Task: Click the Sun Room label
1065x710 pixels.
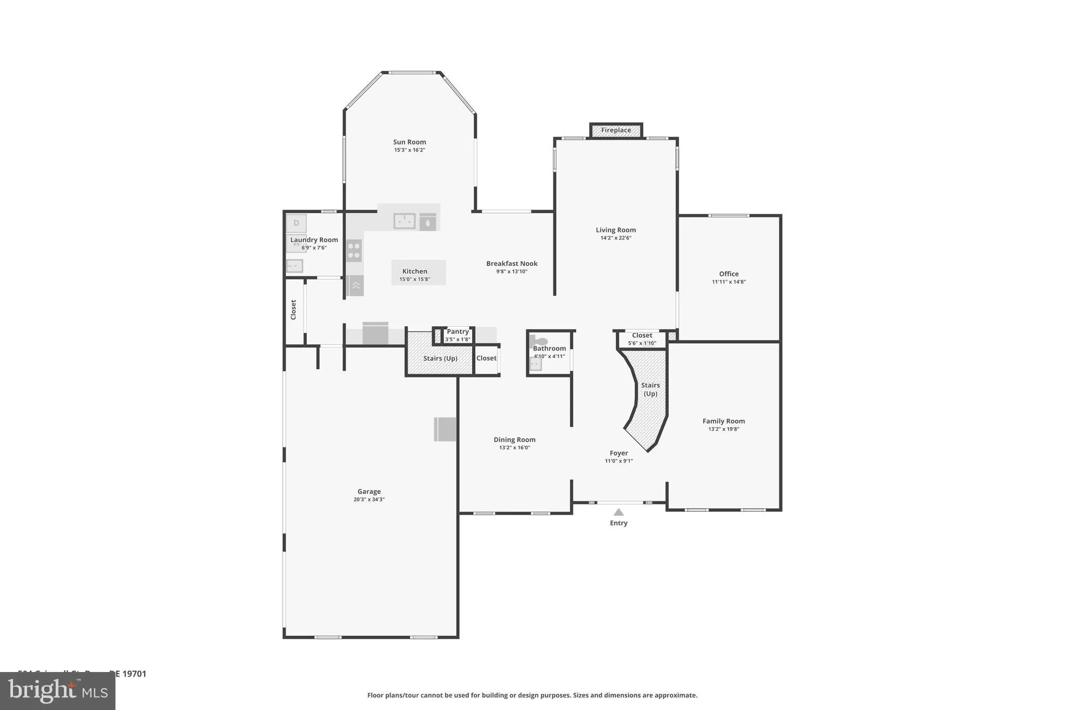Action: (409, 142)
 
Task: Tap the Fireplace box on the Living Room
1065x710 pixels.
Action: (616, 131)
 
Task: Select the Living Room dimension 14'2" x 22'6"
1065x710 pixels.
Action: (616, 238)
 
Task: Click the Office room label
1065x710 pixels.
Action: (729, 274)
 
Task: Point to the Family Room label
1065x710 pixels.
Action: (723, 421)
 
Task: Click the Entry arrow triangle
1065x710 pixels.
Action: (618, 512)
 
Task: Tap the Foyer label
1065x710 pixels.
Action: (618, 453)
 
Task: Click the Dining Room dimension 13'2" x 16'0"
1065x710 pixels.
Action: (514, 448)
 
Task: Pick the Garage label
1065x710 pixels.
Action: (369, 492)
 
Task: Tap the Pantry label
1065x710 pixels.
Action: (458, 332)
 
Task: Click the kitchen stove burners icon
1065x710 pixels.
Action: (354, 250)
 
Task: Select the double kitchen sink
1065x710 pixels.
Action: (404, 221)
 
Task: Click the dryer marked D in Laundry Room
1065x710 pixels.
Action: (296, 223)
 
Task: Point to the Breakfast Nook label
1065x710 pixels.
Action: (512, 264)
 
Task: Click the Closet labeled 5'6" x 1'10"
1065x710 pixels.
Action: (642, 339)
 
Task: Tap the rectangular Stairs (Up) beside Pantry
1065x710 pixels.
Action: (440, 359)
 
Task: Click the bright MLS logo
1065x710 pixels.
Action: (58, 691)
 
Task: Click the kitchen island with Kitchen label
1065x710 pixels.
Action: (418, 272)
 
